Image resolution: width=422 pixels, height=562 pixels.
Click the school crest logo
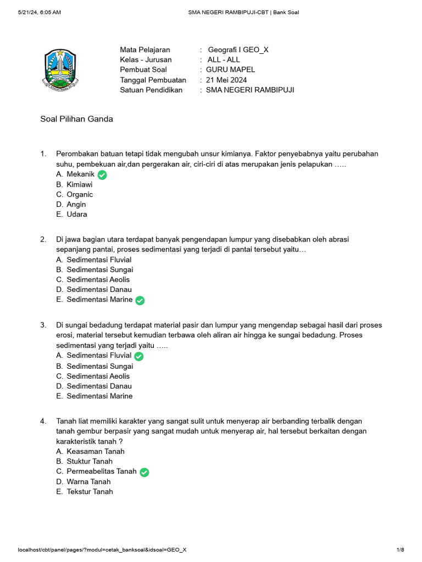click(60, 70)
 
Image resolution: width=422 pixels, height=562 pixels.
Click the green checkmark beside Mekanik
click(102, 175)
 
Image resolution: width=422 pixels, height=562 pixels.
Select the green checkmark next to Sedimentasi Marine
click(140, 300)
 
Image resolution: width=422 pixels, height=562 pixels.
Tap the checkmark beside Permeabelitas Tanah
click(144, 472)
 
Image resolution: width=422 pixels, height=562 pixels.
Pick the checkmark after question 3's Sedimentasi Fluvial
click(139, 356)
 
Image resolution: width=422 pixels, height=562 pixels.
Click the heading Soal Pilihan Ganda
click(77, 119)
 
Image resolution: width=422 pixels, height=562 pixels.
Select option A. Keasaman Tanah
click(90, 451)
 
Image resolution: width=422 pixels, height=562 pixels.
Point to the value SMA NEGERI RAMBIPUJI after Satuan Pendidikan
click(250, 89)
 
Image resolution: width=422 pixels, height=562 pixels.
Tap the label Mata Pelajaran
click(145, 50)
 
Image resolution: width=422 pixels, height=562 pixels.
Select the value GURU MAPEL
click(230, 70)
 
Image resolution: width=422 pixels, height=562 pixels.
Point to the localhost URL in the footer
click(102, 549)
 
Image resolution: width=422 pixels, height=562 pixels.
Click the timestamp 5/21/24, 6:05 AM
click(39, 12)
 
